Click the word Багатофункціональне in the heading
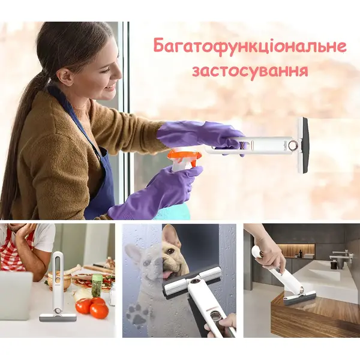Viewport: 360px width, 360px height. click(250, 47)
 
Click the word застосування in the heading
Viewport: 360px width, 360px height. click(250, 71)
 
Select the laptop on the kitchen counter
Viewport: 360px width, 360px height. click(16, 296)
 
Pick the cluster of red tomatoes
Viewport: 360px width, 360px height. click(92, 307)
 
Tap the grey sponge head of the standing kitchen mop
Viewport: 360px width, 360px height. click(58, 317)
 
